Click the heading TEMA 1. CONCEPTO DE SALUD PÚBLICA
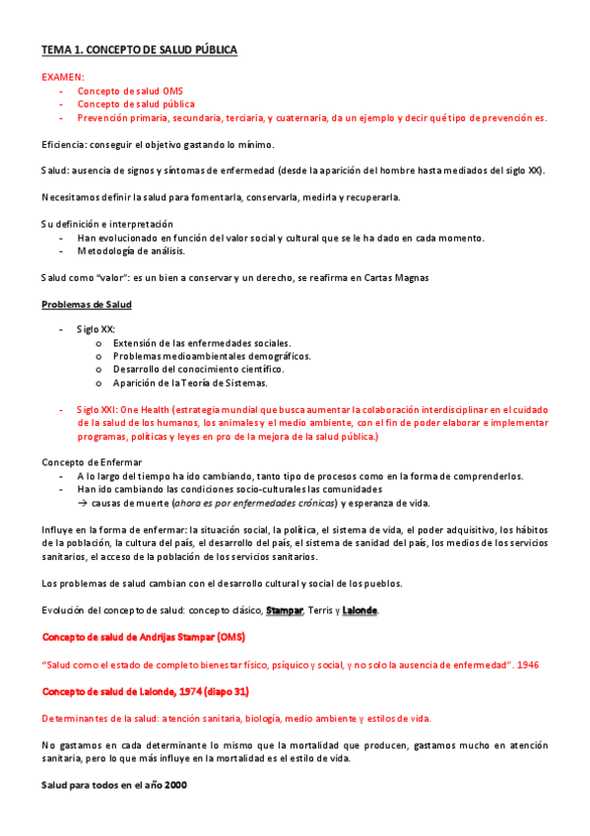coord(139,49)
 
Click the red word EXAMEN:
coord(63,76)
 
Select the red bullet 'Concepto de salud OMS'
coord(130,90)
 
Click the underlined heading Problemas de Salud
coord(86,304)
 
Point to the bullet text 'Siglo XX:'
coord(98,327)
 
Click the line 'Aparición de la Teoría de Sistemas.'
coord(190,383)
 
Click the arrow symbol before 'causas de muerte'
coord(83,503)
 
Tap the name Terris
coord(321,610)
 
